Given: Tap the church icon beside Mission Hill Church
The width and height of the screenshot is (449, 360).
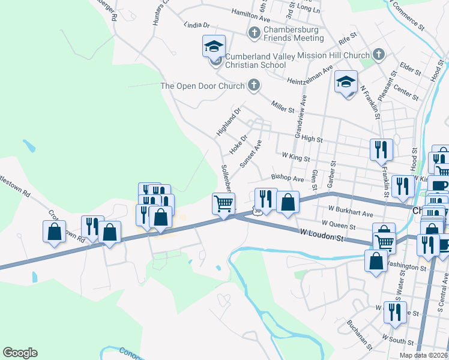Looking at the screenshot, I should [378, 55].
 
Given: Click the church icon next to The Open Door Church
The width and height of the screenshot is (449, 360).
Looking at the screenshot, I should [254, 85].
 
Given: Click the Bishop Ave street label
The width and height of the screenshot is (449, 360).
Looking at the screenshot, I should [288, 178].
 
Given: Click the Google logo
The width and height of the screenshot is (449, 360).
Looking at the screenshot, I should [20, 353].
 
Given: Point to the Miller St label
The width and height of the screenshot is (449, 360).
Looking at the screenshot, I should [283, 109].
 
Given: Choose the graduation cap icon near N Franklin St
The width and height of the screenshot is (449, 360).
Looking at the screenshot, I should [346, 82].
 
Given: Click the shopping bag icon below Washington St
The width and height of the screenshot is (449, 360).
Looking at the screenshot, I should [376, 261].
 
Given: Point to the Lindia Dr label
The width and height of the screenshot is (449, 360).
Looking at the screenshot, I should [197, 26].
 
